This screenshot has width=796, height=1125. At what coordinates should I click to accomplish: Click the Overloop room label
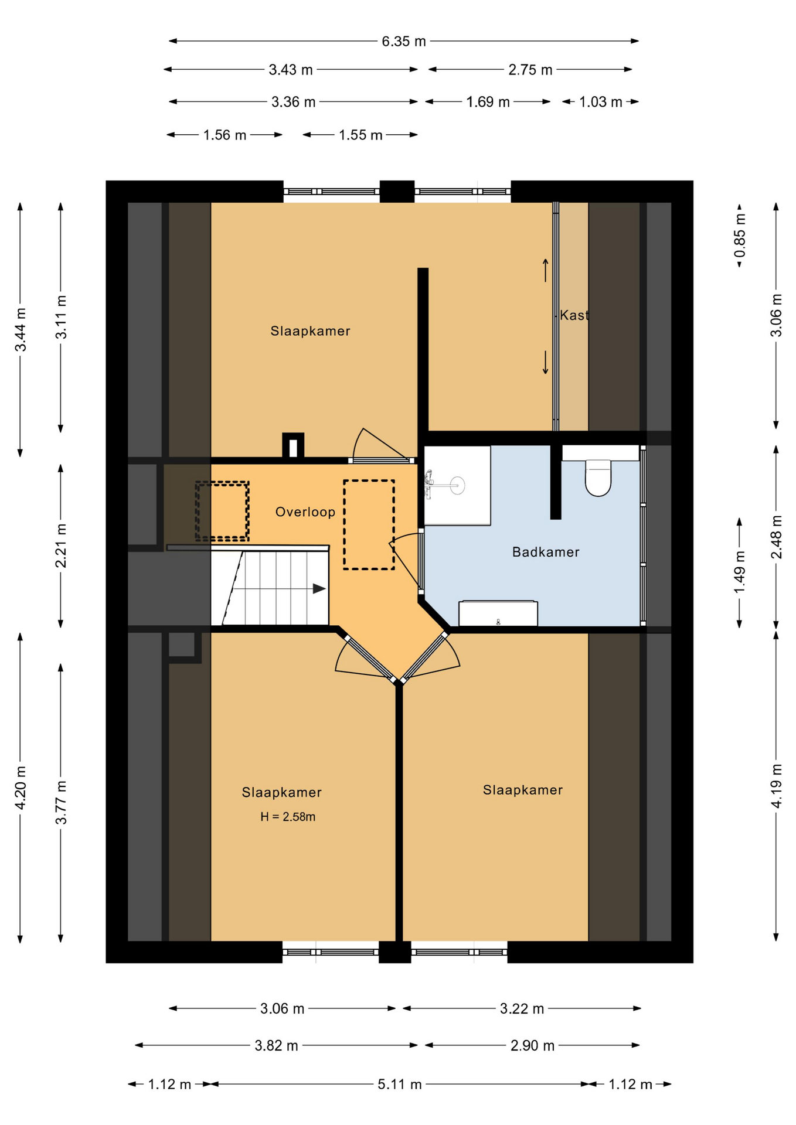pyautogui.click(x=305, y=512)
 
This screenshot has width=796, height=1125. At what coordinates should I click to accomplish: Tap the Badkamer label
pyautogui.click(x=546, y=551)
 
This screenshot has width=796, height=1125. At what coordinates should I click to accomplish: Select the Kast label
pyautogui.click(x=574, y=315)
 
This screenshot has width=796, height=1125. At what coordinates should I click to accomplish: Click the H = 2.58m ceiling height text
pyautogui.click(x=288, y=816)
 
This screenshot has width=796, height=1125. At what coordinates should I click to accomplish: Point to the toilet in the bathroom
pyautogui.click(x=598, y=478)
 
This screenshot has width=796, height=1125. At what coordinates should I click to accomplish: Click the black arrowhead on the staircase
pyautogui.click(x=319, y=588)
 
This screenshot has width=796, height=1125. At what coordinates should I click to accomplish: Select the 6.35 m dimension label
pyautogui.click(x=404, y=41)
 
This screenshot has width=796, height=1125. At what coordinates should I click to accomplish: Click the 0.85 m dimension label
pyautogui.click(x=740, y=235)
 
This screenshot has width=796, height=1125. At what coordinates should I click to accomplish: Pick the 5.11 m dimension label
pyautogui.click(x=400, y=1084)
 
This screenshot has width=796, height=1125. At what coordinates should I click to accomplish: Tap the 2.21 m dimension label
pyautogui.click(x=61, y=546)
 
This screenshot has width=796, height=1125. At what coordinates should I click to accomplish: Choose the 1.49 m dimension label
pyautogui.click(x=740, y=572)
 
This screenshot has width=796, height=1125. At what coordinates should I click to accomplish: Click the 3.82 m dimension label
pyautogui.click(x=276, y=1045)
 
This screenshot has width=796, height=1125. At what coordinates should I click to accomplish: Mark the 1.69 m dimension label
pyautogui.click(x=488, y=102)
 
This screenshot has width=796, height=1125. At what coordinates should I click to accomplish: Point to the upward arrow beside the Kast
pyautogui.click(x=545, y=270)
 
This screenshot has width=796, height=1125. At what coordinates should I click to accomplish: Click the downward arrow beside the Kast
pyautogui.click(x=545, y=363)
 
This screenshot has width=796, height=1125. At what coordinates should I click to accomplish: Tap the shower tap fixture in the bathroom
pyautogui.click(x=430, y=484)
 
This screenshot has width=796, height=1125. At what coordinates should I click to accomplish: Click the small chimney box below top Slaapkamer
pyautogui.click(x=293, y=446)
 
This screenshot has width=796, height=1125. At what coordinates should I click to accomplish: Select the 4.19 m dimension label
pyautogui.click(x=777, y=786)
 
